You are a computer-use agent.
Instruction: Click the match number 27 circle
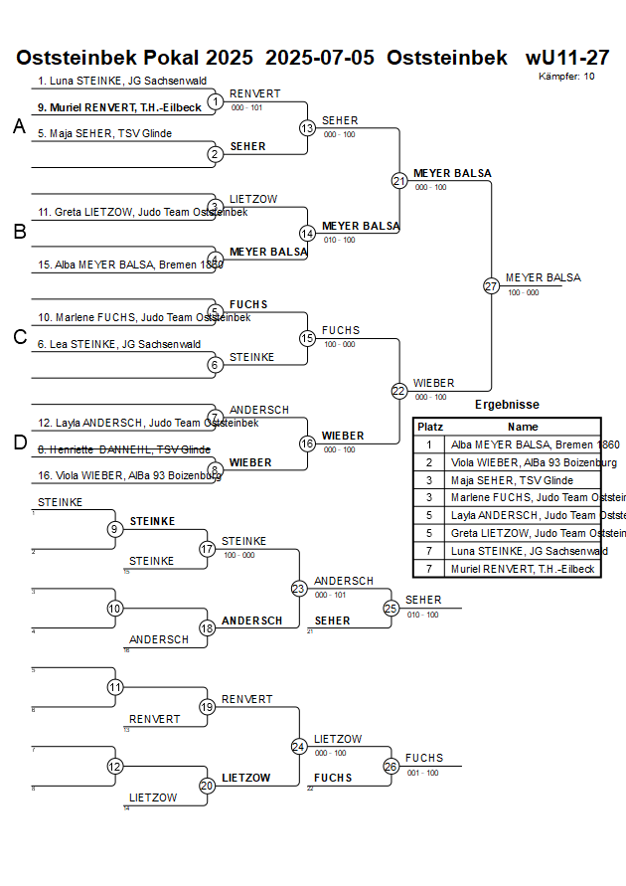[x=491, y=285]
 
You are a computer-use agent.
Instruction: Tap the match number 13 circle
[x=307, y=128]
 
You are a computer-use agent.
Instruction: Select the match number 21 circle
[x=398, y=181]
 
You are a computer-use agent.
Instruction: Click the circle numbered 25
[x=391, y=608]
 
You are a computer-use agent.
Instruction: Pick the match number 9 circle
[x=115, y=529]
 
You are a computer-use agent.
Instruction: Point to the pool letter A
[x=19, y=126]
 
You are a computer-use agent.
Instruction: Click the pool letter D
[x=19, y=443]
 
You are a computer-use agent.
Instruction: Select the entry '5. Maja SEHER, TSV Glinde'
[x=104, y=133]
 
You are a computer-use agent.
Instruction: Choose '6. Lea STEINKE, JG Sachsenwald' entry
[x=119, y=344]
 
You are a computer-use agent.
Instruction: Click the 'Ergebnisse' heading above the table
[x=507, y=405]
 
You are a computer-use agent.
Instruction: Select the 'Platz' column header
[x=429, y=427]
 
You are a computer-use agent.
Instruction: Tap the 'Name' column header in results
[x=523, y=427]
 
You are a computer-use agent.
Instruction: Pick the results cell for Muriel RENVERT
[x=523, y=569]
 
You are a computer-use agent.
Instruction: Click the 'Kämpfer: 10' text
[x=567, y=77]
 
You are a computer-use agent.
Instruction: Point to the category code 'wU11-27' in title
[x=567, y=58]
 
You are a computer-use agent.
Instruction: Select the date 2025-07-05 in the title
[x=320, y=58]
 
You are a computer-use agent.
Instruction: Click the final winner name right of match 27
[x=543, y=277]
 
